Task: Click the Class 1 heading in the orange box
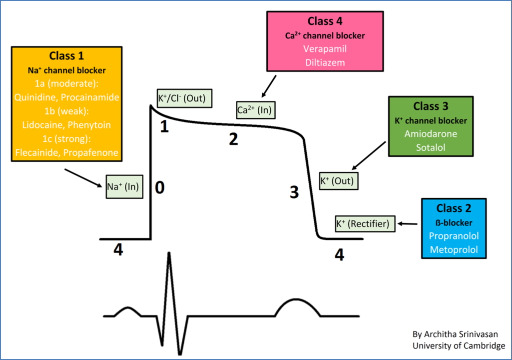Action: coord(66,56)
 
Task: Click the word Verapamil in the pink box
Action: coord(325,49)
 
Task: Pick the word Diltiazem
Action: coord(325,63)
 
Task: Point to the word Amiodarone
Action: coord(431,134)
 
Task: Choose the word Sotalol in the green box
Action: coord(431,148)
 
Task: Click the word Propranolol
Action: coord(454,235)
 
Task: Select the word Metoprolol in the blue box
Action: coord(454,249)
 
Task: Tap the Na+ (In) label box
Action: coord(122,187)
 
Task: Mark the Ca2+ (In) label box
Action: coord(255,110)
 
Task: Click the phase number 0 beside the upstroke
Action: coord(159,187)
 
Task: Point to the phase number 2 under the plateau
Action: coord(233,139)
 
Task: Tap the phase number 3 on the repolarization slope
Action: coord(295,191)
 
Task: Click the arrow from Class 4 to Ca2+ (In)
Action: coord(269,86)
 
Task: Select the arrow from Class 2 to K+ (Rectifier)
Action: coord(408,224)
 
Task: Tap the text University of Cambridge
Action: coord(459,345)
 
